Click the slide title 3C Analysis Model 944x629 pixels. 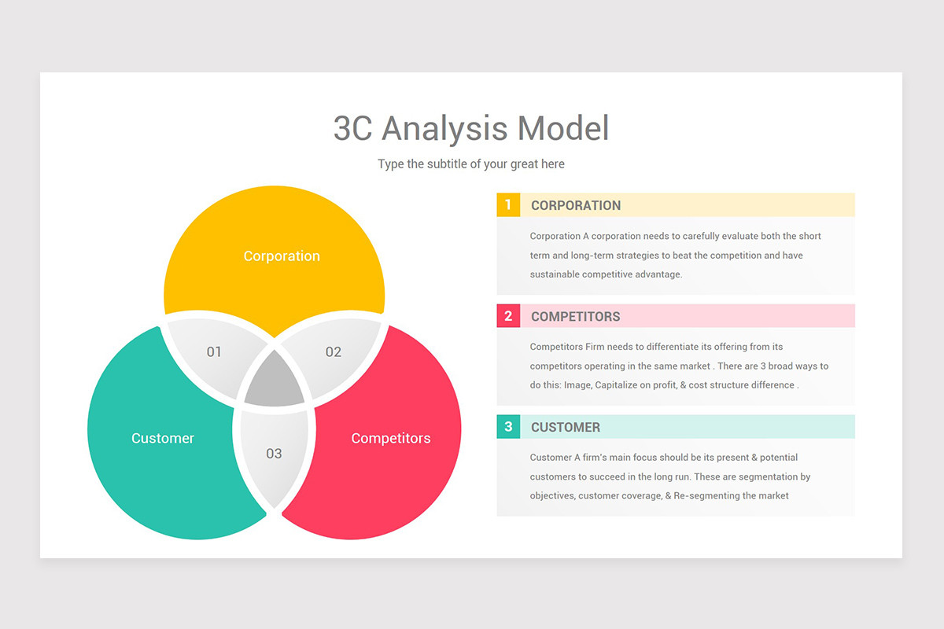coord(471,128)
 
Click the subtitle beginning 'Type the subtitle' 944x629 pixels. coord(471,164)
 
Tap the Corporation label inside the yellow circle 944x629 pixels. coord(282,256)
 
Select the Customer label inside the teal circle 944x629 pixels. coord(163,438)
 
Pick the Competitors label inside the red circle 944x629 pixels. coord(391,438)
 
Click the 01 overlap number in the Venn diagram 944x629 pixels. coord(214,351)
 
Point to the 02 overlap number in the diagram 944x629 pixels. coord(334,351)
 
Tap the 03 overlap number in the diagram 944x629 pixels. coord(274,454)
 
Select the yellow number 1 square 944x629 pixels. coord(508,205)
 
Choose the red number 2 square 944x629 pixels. coord(508,316)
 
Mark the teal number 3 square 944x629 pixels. coord(508,427)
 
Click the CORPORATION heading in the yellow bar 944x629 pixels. coord(576,205)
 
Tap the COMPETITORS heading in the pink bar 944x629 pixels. coord(576,316)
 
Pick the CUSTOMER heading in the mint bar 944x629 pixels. coord(566,427)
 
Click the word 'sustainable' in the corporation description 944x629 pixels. coord(555,274)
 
